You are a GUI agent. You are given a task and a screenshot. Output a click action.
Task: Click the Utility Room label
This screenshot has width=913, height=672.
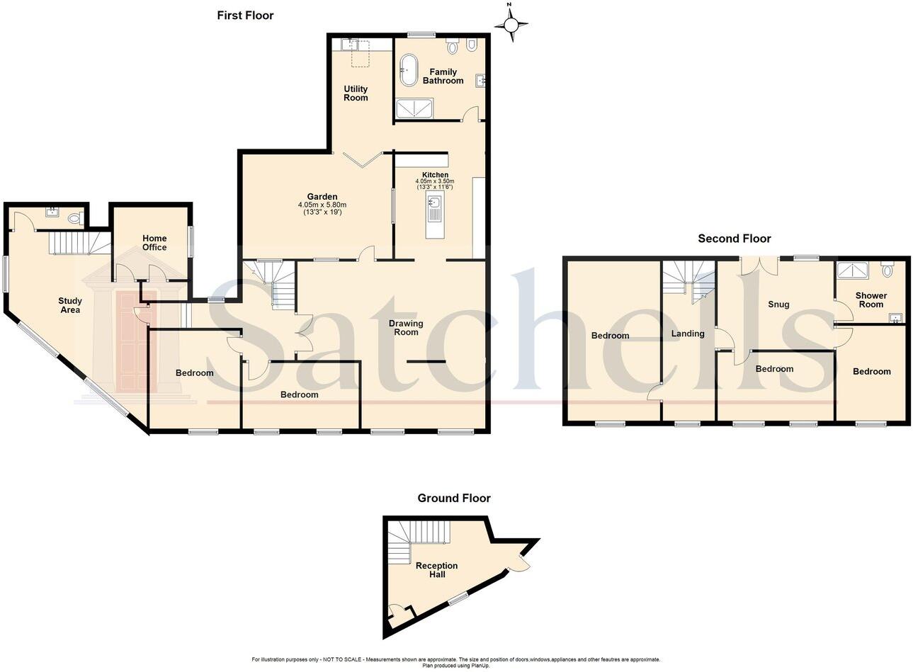click(356, 93)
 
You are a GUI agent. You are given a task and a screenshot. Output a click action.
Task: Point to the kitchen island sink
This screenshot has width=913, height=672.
click(434, 204)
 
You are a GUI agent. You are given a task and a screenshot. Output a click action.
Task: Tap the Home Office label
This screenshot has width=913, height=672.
click(154, 243)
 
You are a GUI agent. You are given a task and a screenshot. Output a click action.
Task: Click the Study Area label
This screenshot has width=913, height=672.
click(69, 305)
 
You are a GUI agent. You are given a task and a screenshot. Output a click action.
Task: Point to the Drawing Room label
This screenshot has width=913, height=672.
click(406, 328)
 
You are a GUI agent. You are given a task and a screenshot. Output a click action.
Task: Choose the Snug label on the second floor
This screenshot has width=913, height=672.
click(778, 304)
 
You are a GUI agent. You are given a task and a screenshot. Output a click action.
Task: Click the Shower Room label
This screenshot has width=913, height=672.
click(871, 300)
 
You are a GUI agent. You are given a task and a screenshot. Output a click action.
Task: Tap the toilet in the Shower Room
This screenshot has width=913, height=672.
click(887, 269)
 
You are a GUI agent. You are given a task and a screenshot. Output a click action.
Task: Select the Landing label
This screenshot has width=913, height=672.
click(687, 334)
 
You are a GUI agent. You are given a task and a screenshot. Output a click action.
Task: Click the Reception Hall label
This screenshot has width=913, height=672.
click(436, 570)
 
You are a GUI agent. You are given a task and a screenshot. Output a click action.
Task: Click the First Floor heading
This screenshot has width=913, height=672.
click(245, 15)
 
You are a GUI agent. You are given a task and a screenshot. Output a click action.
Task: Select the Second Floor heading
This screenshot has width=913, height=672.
click(734, 239)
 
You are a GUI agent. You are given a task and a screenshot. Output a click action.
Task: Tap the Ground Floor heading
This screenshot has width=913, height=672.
click(453, 498)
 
